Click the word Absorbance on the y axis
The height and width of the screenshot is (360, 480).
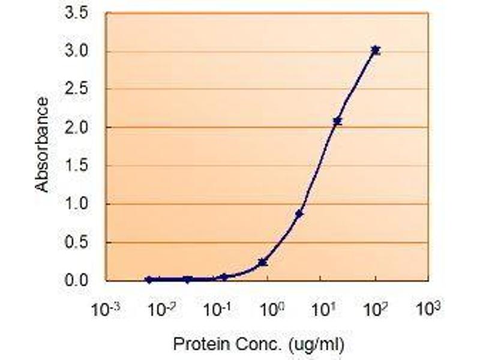41,145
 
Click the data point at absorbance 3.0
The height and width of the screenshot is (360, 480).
376,50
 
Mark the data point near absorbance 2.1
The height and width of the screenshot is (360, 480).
337,121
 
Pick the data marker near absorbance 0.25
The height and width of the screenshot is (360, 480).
262,262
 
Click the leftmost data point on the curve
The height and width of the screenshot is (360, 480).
149,280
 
